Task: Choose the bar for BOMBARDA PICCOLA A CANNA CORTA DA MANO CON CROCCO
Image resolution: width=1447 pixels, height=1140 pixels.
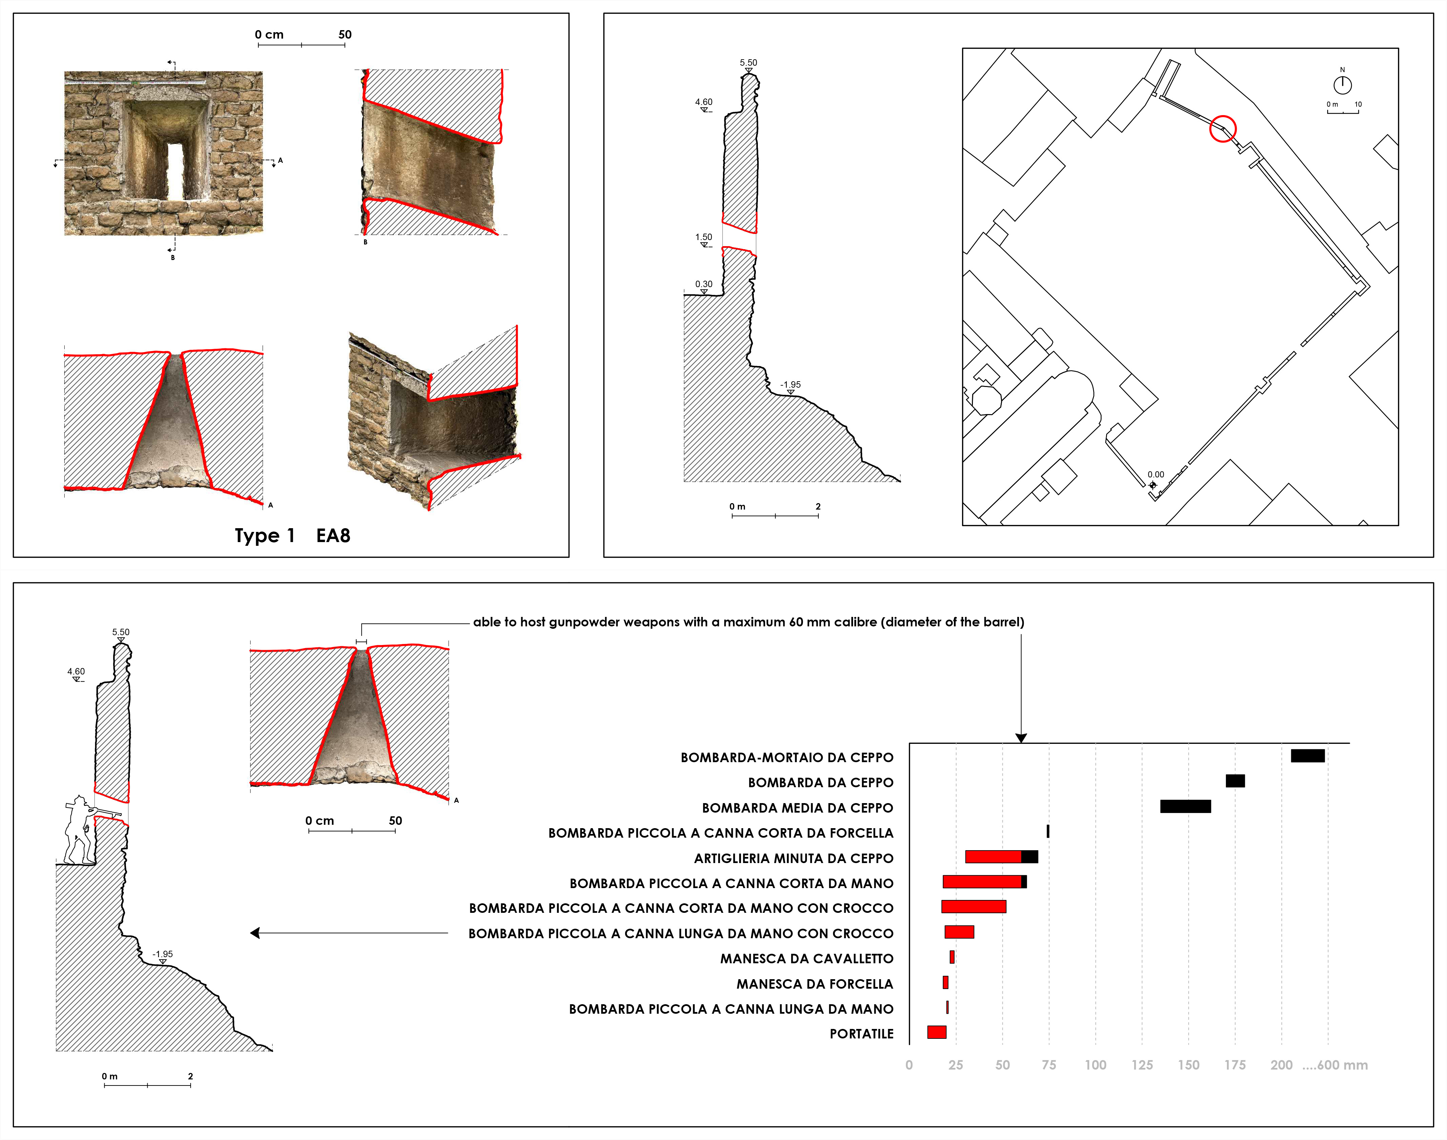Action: (974, 906)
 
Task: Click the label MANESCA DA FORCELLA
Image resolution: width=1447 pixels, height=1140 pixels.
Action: (815, 984)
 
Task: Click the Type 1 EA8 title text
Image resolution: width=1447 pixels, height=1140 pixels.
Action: (292, 535)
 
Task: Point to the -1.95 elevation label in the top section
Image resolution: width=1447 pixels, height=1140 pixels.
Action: (791, 384)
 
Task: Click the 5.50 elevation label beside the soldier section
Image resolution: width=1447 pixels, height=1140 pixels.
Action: (121, 632)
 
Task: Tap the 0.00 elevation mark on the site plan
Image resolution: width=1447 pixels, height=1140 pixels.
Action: (1155, 475)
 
